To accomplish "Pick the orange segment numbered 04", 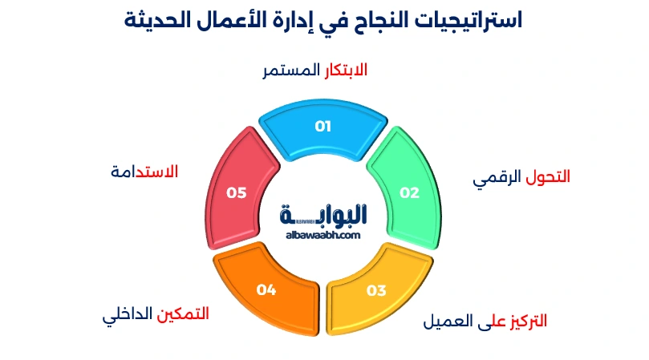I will (268, 289).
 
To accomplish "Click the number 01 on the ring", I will (323, 126).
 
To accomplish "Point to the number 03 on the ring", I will (377, 290).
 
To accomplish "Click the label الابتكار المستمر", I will (315, 71).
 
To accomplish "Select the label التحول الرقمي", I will (521, 177).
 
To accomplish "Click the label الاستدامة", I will (144, 172).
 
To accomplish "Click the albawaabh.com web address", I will (322, 235).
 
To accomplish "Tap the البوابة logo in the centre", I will (323, 214).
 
